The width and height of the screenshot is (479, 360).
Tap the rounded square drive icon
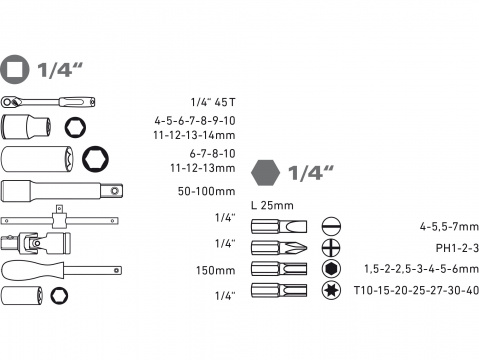[16, 70]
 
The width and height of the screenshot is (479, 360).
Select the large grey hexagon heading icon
[266, 172]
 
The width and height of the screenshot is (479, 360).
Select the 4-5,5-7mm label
[445, 226]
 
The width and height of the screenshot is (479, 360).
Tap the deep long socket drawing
[30, 158]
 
